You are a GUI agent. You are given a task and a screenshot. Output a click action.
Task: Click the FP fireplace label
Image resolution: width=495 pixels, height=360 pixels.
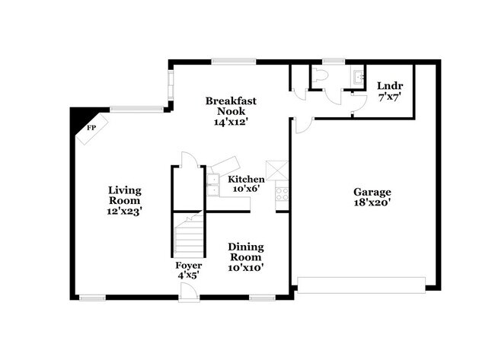click(91, 128)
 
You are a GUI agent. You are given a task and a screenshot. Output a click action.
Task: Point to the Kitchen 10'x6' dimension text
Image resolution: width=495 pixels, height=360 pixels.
click(247, 189)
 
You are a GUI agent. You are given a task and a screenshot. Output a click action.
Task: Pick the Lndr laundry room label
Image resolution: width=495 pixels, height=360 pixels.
click(389, 85)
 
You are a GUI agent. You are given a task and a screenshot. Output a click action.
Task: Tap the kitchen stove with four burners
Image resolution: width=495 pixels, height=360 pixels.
click(282, 193)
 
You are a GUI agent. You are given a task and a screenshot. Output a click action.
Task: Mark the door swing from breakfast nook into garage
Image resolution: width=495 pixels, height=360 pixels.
click(302, 125)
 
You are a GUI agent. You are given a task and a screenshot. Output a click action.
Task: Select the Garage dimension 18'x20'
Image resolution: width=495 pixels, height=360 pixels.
click(372, 203)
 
